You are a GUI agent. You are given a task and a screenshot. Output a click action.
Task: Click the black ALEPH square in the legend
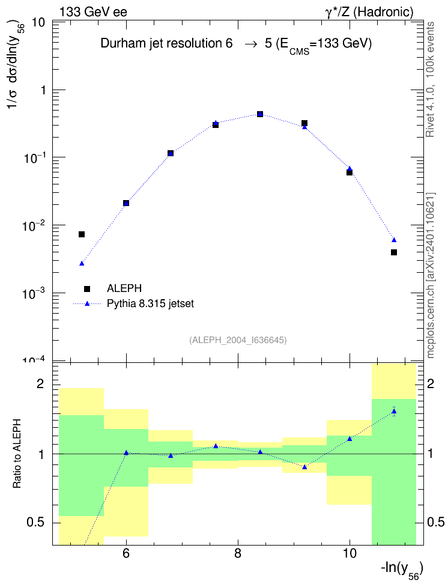87,288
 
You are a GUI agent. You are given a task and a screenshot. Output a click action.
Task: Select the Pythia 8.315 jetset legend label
151,304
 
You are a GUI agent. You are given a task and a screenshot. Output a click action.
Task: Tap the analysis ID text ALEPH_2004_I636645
238,340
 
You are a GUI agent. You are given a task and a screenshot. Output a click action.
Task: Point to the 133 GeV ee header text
94,12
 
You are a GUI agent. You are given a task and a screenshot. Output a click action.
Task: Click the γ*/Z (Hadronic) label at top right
369,12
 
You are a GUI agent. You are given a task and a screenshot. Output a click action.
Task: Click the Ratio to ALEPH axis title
17,454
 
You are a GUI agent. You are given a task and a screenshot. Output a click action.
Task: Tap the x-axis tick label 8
238,554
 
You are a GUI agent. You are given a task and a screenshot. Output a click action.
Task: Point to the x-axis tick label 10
350,554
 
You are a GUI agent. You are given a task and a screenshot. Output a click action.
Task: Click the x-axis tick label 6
126,554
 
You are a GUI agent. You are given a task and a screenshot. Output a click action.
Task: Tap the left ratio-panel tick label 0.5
35,523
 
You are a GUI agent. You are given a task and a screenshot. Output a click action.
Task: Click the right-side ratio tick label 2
431,384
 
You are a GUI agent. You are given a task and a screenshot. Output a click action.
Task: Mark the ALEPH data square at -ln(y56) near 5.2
82,234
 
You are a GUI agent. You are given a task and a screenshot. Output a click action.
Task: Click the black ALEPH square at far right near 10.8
394,252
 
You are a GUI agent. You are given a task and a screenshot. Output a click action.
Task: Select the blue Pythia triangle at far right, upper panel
394,240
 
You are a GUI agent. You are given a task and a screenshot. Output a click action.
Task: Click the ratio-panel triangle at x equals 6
126,453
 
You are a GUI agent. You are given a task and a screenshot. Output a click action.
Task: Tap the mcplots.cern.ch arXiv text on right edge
431,276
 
